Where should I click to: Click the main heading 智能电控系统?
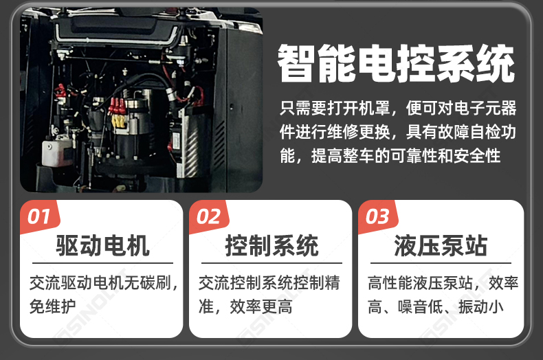(395, 63)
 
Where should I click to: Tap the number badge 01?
(38, 217)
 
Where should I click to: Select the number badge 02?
(208, 217)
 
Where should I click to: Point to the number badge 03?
(377, 217)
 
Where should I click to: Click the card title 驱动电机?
(102, 245)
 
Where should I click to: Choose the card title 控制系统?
(272, 245)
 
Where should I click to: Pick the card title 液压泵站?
(441, 245)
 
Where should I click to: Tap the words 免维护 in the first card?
(53, 306)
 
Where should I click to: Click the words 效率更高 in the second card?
(261, 306)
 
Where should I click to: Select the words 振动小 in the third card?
(480, 306)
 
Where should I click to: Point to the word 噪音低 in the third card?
(421, 306)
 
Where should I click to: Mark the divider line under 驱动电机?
(102, 263)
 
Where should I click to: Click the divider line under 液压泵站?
(441, 263)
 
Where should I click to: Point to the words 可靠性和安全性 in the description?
(445, 156)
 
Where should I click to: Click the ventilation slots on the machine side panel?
(219, 146)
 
